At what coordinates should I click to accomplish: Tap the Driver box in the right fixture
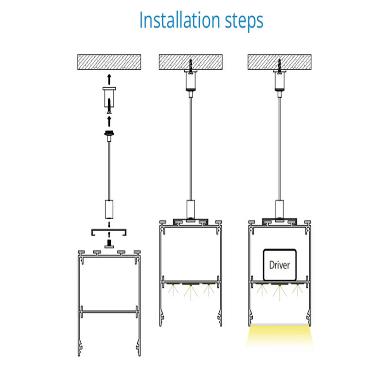point(280,265)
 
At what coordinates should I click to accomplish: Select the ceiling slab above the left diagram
point(109,62)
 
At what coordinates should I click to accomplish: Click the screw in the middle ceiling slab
point(191,66)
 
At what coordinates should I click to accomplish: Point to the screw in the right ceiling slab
point(280,66)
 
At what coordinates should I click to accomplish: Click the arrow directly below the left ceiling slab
point(109,79)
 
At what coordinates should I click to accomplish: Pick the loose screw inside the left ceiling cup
point(109,106)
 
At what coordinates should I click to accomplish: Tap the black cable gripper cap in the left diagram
point(109,133)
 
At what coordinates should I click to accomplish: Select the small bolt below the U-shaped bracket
point(109,244)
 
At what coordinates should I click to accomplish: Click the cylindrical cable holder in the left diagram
point(109,209)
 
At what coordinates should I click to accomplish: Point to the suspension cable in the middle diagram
point(191,149)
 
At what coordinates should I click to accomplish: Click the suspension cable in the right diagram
point(280,149)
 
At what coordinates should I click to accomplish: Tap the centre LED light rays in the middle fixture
point(191,292)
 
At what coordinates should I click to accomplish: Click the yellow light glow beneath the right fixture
point(280,336)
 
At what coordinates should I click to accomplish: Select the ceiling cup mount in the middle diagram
point(191,80)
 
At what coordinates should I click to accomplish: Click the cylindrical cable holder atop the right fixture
point(280,209)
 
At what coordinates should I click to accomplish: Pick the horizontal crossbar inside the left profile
point(109,311)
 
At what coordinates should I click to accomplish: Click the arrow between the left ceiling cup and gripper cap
point(109,122)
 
